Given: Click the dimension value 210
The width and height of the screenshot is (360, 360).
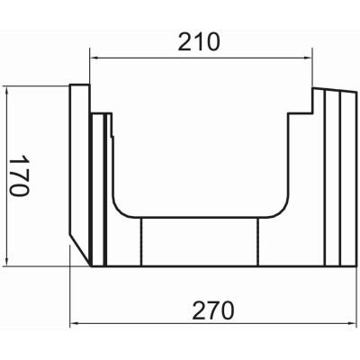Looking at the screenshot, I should (x=201, y=42).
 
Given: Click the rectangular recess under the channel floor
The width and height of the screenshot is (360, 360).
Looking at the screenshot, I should (x=201, y=243).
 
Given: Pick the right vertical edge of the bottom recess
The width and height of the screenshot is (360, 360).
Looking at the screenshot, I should (x=259, y=243).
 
